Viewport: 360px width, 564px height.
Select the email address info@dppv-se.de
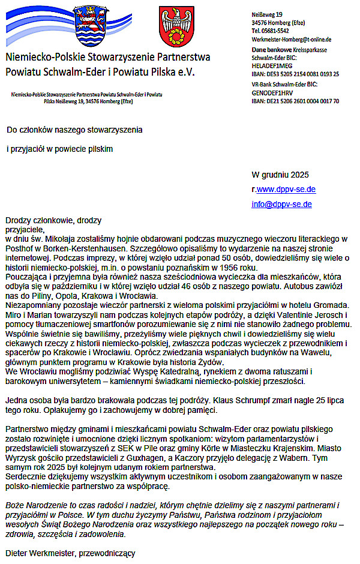[281, 204]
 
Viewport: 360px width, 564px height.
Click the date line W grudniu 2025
[280, 175]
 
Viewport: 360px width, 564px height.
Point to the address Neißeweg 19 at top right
[266, 13]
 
